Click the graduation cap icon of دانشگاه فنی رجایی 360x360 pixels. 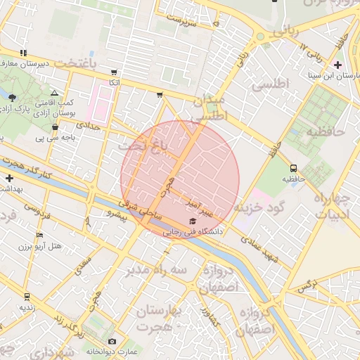coord(193,221)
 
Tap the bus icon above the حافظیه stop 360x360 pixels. coord(293,168)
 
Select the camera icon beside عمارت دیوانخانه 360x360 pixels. coord(112,342)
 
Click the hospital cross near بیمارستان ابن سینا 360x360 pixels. coord(338,65)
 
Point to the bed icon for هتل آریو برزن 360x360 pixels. coord(39,236)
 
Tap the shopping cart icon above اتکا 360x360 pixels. coord(113,72)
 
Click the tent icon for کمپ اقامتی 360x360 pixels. coord(55,93)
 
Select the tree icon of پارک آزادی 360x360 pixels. coord(12,97)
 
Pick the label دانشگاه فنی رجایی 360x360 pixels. coord(193,231)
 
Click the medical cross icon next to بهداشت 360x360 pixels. coord(8,179)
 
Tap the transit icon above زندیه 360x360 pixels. coord(27,297)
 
